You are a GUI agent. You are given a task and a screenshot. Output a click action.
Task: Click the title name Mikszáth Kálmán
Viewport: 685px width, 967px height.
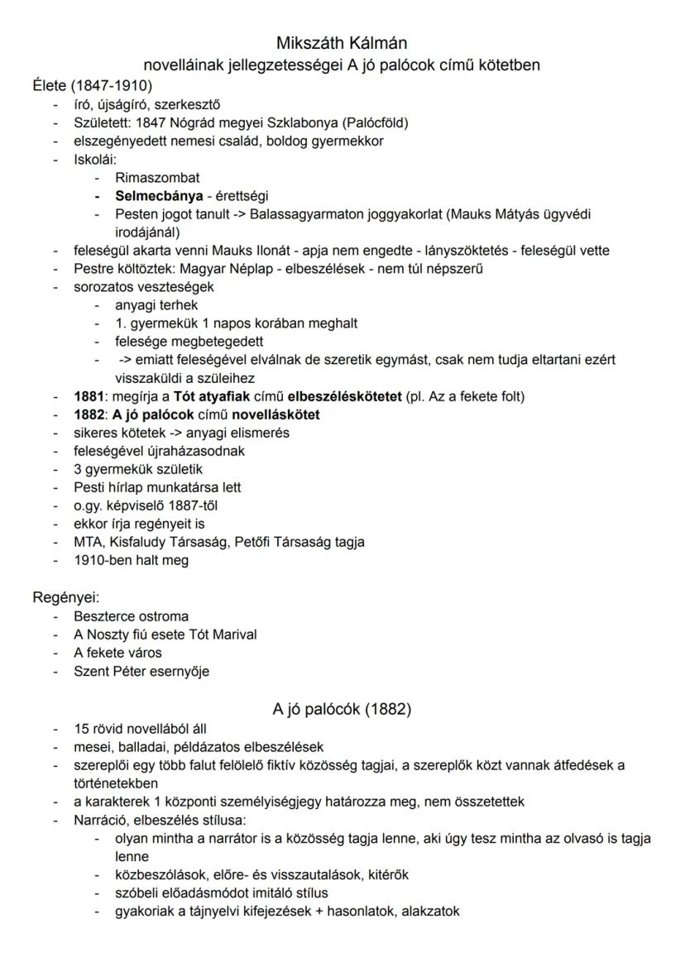click(342, 42)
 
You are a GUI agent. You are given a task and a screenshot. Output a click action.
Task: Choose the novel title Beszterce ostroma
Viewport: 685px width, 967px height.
click(131, 616)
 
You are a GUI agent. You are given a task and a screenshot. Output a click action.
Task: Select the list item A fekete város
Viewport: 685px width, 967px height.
click(117, 653)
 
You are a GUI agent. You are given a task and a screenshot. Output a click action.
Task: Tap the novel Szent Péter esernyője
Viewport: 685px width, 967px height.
click(141, 671)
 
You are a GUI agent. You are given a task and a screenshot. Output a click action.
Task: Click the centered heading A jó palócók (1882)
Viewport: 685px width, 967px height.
click(342, 709)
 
